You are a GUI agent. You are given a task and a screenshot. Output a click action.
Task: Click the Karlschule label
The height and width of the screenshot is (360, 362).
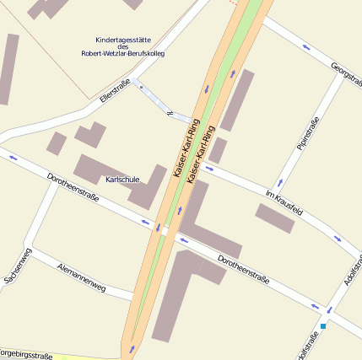pos(122,180)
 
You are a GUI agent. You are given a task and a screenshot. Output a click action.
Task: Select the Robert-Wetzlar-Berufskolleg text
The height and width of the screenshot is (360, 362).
pos(123,54)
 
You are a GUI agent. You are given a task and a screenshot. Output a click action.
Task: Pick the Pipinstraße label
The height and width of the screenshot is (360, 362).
pos(308,134)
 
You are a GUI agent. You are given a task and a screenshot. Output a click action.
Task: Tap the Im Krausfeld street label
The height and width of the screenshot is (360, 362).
pos(284,201)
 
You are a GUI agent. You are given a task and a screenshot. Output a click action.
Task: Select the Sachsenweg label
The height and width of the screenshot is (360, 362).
pos(18,266)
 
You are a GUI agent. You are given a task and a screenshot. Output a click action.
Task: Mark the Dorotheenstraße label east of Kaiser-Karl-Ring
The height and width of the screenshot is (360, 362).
pos(243,270)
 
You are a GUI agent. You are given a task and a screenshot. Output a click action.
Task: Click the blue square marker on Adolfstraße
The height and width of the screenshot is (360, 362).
pos(323,326)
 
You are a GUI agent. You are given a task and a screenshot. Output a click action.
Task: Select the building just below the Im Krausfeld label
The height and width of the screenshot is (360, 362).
pos(275,218)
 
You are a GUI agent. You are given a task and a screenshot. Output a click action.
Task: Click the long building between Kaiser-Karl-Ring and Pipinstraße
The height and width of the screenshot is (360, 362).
pos(237,99)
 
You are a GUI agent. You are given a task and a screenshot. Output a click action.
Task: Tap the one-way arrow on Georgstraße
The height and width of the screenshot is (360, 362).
pos(305,48)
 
